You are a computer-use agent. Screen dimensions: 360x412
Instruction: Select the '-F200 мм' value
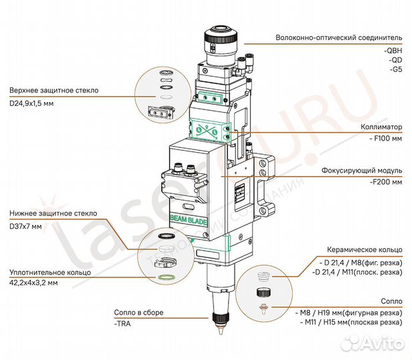coord(387,182)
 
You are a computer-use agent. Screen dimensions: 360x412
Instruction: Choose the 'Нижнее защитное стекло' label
coord(53,213)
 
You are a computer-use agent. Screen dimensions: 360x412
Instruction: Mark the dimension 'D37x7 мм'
coord(25,226)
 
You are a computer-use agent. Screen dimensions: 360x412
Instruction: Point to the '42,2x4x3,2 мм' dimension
coord(34,283)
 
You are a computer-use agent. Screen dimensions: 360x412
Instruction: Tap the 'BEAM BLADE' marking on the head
coord(189,217)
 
